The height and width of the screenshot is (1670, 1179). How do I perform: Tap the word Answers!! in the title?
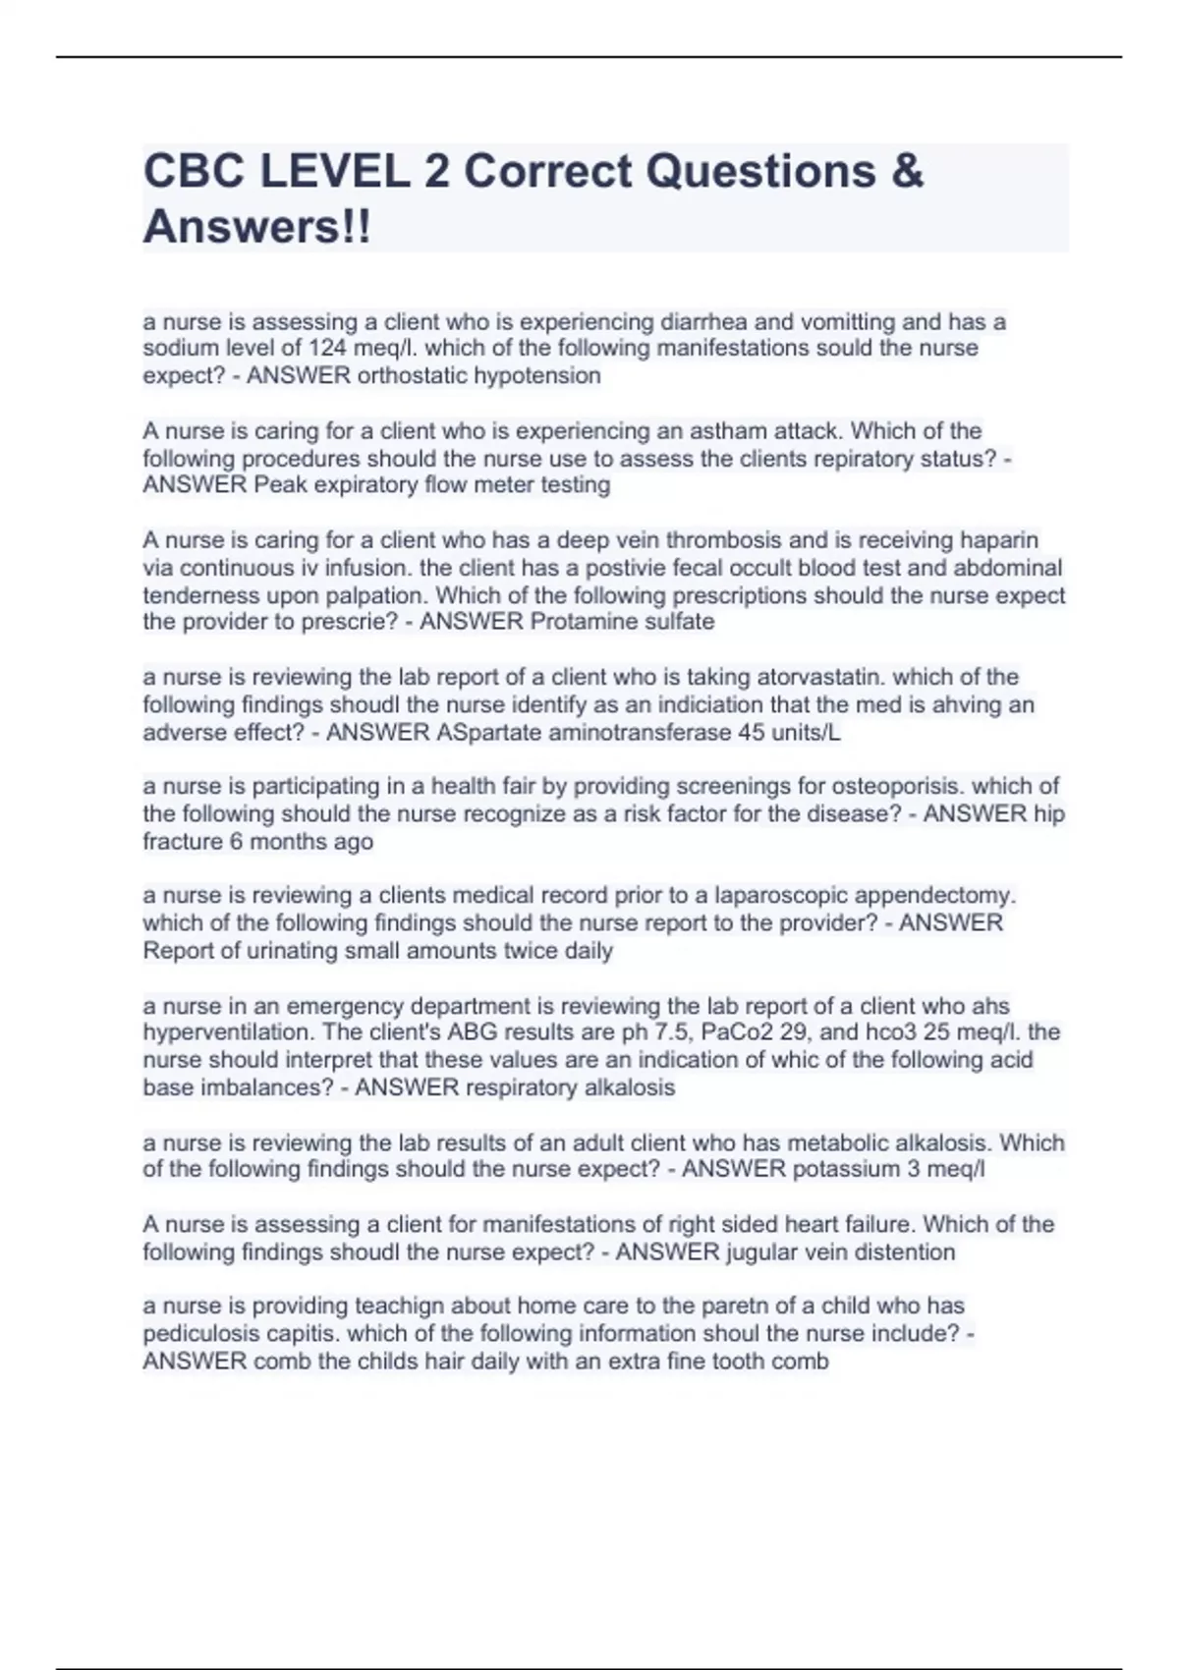257,227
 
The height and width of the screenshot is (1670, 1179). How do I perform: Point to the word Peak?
281,485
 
